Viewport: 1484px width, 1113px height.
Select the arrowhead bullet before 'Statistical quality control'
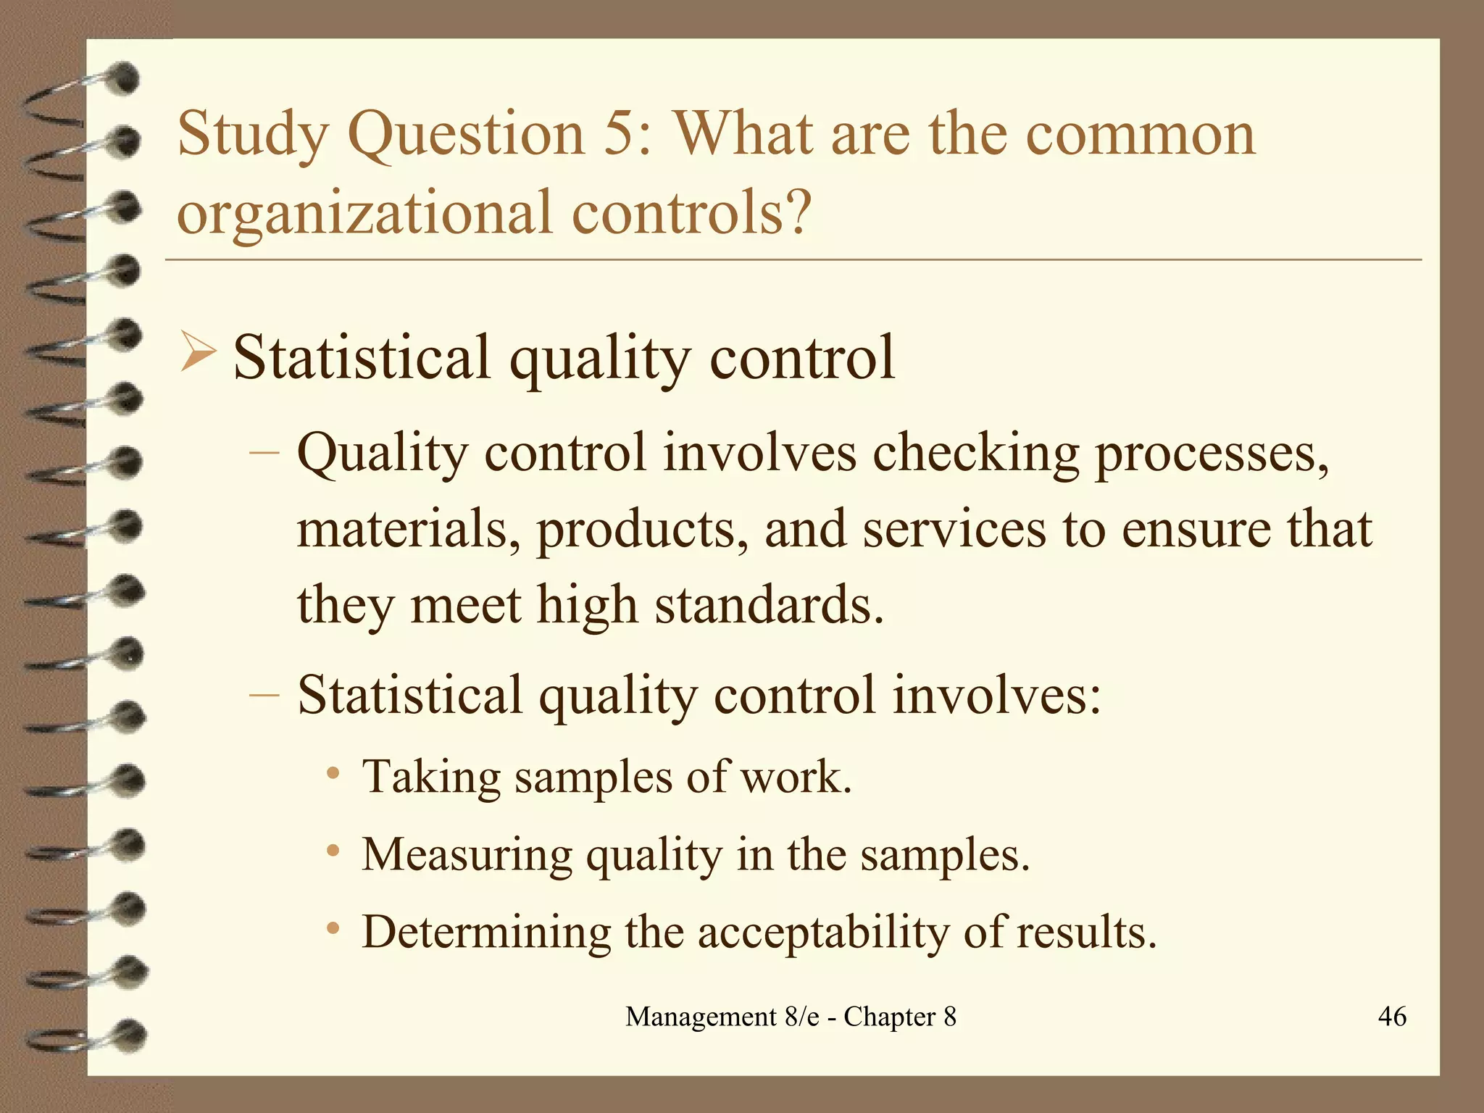[x=196, y=352]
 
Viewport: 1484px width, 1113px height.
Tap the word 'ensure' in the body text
[x=1196, y=530]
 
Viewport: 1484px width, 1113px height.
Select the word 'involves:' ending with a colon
[x=996, y=694]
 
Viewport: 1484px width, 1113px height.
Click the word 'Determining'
[x=486, y=933]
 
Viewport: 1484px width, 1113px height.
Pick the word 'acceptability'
[x=823, y=933]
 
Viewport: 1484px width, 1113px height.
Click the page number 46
[x=1392, y=1017]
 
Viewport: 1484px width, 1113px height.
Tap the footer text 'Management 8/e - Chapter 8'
[x=791, y=1017]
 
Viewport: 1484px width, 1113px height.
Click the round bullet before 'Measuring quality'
[x=333, y=850]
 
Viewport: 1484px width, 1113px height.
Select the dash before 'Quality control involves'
[x=264, y=452]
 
